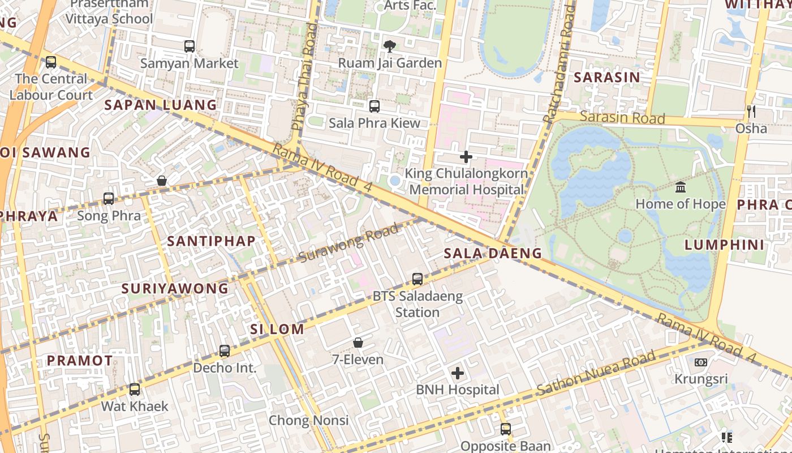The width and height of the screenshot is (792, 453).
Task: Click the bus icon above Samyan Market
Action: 190,46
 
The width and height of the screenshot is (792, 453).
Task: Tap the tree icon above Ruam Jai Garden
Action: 389,46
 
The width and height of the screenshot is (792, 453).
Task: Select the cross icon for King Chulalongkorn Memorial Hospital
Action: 466,157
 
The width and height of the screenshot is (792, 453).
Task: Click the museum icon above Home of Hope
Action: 681,187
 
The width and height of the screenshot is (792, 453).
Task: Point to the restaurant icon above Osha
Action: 751,112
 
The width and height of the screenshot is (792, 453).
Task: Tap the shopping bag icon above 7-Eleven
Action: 358,343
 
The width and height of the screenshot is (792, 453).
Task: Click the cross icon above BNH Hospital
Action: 458,373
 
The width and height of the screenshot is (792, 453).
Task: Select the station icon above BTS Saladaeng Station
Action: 417,279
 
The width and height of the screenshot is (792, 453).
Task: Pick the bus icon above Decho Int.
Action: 225,351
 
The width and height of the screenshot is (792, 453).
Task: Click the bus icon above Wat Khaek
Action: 135,390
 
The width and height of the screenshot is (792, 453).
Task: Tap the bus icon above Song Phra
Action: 109,199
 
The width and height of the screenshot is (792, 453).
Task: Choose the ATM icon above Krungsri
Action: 700,362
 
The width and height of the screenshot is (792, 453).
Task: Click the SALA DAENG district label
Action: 493,253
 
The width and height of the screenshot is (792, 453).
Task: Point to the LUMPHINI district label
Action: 724,245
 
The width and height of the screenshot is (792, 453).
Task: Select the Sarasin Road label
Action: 622,118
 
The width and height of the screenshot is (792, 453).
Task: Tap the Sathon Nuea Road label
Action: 596,373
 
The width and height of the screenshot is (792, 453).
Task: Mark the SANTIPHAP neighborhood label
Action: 211,241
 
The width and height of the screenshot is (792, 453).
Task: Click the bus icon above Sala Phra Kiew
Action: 375,106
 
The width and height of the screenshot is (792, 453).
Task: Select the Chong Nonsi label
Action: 308,420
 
